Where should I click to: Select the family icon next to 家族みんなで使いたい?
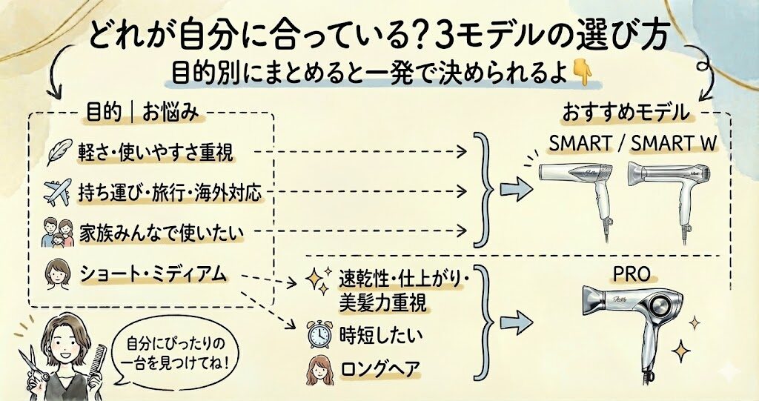click(x=56, y=232)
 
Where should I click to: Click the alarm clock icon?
click(x=318, y=335)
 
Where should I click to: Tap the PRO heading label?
click(x=631, y=275)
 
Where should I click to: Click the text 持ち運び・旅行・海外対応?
click(x=170, y=193)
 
